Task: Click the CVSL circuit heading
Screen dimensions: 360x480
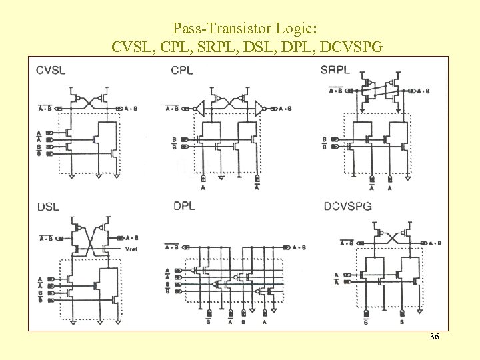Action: click(x=51, y=70)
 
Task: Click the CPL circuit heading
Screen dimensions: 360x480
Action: click(x=182, y=70)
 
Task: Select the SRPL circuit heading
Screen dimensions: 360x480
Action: click(x=335, y=69)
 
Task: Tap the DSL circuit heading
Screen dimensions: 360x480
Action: click(x=48, y=207)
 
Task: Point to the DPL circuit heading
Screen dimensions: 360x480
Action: click(x=184, y=206)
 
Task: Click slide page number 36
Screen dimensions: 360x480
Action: click(x=434, y=337)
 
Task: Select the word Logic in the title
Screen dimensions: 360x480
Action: click(x=299, y=29)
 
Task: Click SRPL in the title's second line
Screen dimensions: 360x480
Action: click(x=240, y=47)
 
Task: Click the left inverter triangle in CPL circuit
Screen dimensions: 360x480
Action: click(x=199, y=108)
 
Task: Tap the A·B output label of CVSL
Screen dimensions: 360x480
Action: click(x=132, y=108)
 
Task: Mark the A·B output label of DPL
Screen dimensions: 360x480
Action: click(x=299, y=247)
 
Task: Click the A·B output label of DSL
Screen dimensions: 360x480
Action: click(x=131, y=237)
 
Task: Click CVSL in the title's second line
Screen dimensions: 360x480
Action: click(x=130, y=47)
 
